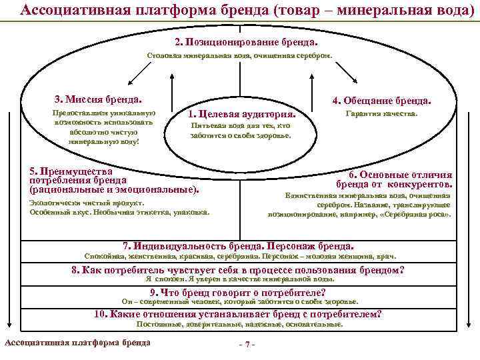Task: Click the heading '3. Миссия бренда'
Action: (98, 99)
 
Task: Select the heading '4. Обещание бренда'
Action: (381, 101)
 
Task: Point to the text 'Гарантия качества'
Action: (381, 114)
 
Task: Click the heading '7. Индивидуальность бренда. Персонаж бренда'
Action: (239, 245)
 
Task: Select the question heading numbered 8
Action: (238, 270)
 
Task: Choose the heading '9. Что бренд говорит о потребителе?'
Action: (237, 293)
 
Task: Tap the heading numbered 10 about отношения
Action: (238, 315)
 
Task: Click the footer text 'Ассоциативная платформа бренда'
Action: (77, 343)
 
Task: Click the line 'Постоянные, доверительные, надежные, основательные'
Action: (239, 324)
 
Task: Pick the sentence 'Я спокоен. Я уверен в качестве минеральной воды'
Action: (239, 280)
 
